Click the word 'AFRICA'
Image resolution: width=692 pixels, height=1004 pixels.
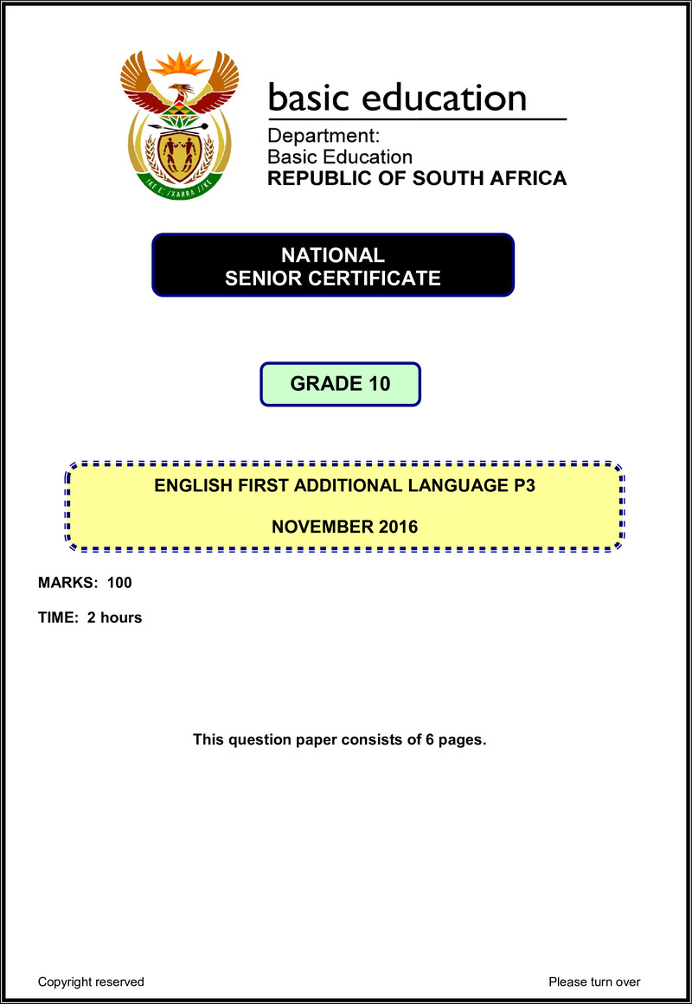coord(529,179)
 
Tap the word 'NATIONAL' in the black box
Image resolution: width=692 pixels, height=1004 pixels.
coord(333,256)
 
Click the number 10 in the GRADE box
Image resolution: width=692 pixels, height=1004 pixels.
coord(378,384)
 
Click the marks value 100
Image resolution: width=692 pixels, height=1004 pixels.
coord(119,583)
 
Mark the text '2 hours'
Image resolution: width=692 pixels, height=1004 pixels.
coord(114,617)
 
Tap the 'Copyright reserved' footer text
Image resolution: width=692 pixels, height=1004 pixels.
coord(91,982)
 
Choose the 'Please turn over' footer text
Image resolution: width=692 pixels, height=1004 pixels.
coord(594,982)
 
